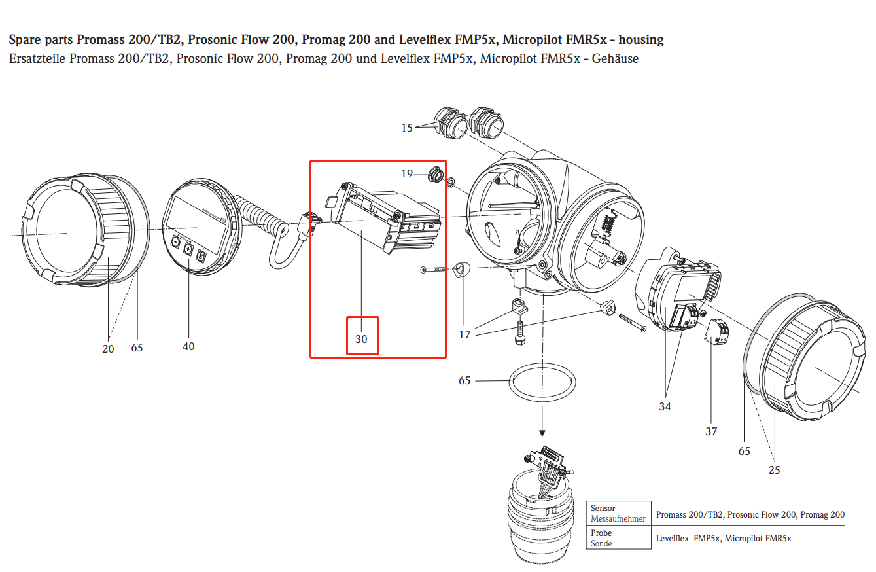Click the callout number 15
coord(407,128)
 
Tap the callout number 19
coord(407,173)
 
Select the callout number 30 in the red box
coord(362,340)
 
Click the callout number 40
coord(188,346)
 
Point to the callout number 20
coord(108,349)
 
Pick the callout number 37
coord(711,431)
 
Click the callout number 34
coord(665,406)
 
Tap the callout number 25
coord(775,470)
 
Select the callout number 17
coord(464,335)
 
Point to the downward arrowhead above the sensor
coord(542,432)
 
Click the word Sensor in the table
coord(603,508)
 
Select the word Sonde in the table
coord(601,543)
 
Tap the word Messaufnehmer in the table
coord(618,518)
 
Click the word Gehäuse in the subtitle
coord(615,59)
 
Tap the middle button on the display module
coord(188,249)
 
